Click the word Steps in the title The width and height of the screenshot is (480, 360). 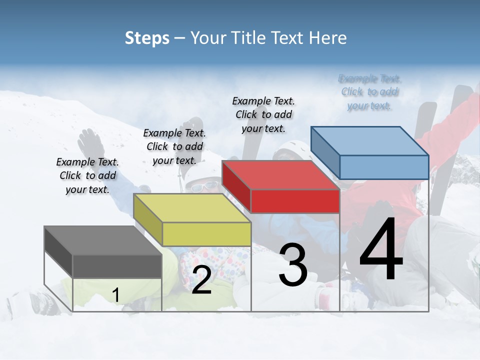pyautogui.click(x=147, y=38)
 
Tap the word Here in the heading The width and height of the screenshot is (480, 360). pyautogui.click(x=327, y=38)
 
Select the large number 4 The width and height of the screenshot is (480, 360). pyautogui.click(x=381, y=250)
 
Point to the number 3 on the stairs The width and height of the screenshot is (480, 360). pyautogui.click(x=292, y=265)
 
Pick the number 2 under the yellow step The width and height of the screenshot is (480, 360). pyautogui.click(x=201, y=280)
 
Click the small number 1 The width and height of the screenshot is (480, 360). pyautogui.click(x=115, y=295)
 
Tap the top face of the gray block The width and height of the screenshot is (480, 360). pyautogui.click(x=102, y=240)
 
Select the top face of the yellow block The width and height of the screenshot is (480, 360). pyautogui.click(x=192, y=208)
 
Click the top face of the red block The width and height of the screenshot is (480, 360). pyautogui.click(x=280, y=175)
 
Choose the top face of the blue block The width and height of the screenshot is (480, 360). pyautogui.click(x=370, y=141)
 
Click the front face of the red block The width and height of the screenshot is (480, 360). pyautogui.click(x=295, y=201)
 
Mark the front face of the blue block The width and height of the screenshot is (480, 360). pyautogui.click(x=384, y=167)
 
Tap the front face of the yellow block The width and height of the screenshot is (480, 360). pyautogui.click(x=206, y=234)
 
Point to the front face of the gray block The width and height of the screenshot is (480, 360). pyautogui.click(x=117, y=266)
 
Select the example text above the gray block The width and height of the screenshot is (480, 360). pyautogui.click(x=87, y=175)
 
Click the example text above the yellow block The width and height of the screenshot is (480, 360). pyautogui.click(x=174, y=146)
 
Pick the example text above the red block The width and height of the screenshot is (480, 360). pyautogui.click(x=263, y=114)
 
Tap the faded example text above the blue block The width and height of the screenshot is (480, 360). pyautogui.click(x=369, y=92)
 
